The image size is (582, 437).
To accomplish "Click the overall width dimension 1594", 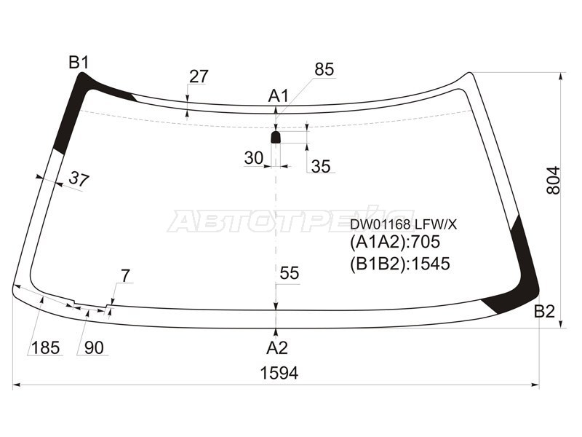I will [279, 374].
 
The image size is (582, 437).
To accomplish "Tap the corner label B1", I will [79, 63].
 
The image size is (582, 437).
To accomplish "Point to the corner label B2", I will [544, 312].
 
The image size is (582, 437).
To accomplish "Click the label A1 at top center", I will [279, 95].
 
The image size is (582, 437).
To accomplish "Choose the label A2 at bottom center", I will [276, 347].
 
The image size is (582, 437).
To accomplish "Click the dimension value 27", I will [199, 76].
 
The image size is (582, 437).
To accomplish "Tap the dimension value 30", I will [253, 158].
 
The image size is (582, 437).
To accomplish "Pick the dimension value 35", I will [321, 167].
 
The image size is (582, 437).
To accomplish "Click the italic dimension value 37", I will [79, 179].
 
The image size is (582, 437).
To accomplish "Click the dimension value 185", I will [45, 348].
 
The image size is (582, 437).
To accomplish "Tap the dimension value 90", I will [94, 348].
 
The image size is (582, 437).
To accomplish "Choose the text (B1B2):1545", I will [399, 263].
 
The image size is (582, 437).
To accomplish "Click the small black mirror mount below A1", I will [276, 137].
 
